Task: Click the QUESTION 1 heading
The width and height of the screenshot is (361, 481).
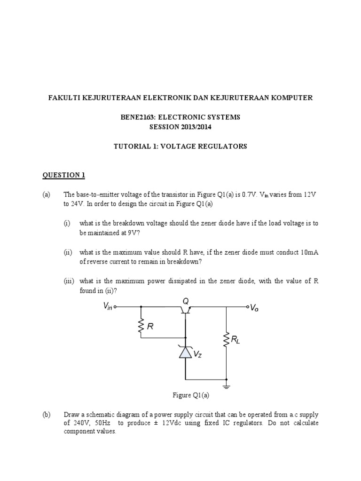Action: tap(64, 175)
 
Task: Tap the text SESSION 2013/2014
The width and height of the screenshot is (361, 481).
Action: tap(180, 127)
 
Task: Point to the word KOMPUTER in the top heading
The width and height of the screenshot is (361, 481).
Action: tap(290, 98)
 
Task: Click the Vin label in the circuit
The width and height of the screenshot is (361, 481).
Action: tap(108, 306)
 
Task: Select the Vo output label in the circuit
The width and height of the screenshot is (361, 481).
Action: tap(254, 308)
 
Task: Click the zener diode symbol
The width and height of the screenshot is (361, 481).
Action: tap(186, 352)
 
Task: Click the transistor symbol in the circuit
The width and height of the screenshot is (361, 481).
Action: tap(186, 310)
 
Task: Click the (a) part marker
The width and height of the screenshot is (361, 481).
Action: tap(47, 195)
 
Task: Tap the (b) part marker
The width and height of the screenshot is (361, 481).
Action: tap(47, 415)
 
